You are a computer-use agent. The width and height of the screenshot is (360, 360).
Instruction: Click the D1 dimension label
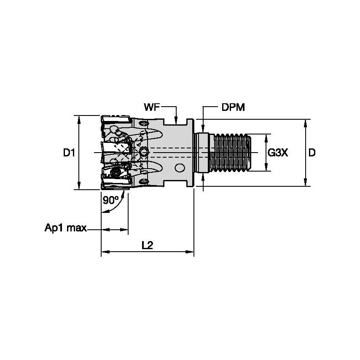pyautogui.click(x=69, y=153)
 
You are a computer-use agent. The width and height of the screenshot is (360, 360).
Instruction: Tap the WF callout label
pyautogui.click(x=152, y=107)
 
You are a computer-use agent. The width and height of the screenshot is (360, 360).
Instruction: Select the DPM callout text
pyautogui.click(x=233, y=107)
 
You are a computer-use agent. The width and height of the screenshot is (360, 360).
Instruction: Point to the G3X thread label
pyautogui.click(x=278, y=153)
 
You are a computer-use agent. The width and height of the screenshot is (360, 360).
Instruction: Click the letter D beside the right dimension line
pyautogui.click(x=312, y=153)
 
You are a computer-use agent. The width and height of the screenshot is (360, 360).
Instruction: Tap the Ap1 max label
pyautogui.click(x=65, y=228)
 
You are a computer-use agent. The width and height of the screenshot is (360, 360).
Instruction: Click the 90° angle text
pyautogui.click(x=110, y=201)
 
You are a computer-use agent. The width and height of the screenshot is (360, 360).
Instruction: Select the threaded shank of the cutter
pyautogui.click(x=232, y=153)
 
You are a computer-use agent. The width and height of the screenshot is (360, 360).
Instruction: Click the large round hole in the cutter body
pyautogui.click(x=180, y=168)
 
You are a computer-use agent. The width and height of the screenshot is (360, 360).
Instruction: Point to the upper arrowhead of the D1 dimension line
pyautogui.click(x=79, y=118)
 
